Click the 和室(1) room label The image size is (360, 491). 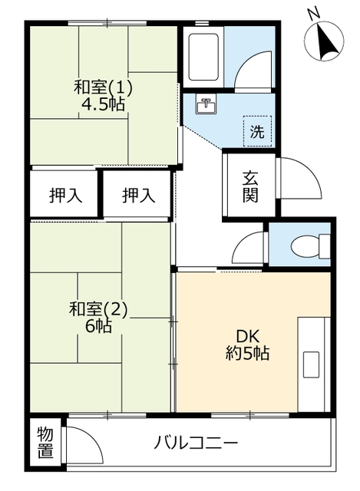click(103, 87)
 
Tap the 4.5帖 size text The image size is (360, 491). click(103, 104)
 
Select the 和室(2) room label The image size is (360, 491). click(98, 309)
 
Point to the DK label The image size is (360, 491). click(247, 337)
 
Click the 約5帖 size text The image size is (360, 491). click(247, 353)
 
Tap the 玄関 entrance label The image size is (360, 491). click(250, 187)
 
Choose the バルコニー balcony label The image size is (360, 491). click(196, 443)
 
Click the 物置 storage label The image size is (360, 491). click(45, 442)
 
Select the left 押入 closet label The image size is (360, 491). click(66, 196)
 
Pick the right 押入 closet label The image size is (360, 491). click(138, 196)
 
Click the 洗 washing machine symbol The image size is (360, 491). click(257, 131)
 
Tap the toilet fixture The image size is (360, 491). click(310, 246)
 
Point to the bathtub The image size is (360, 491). click(203, 58)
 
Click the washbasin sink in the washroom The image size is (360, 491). click(206, 104)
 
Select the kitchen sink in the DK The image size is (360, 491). click(311, 364)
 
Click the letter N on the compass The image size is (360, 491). click(313, 14)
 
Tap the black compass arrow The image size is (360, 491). click(326, 39)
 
